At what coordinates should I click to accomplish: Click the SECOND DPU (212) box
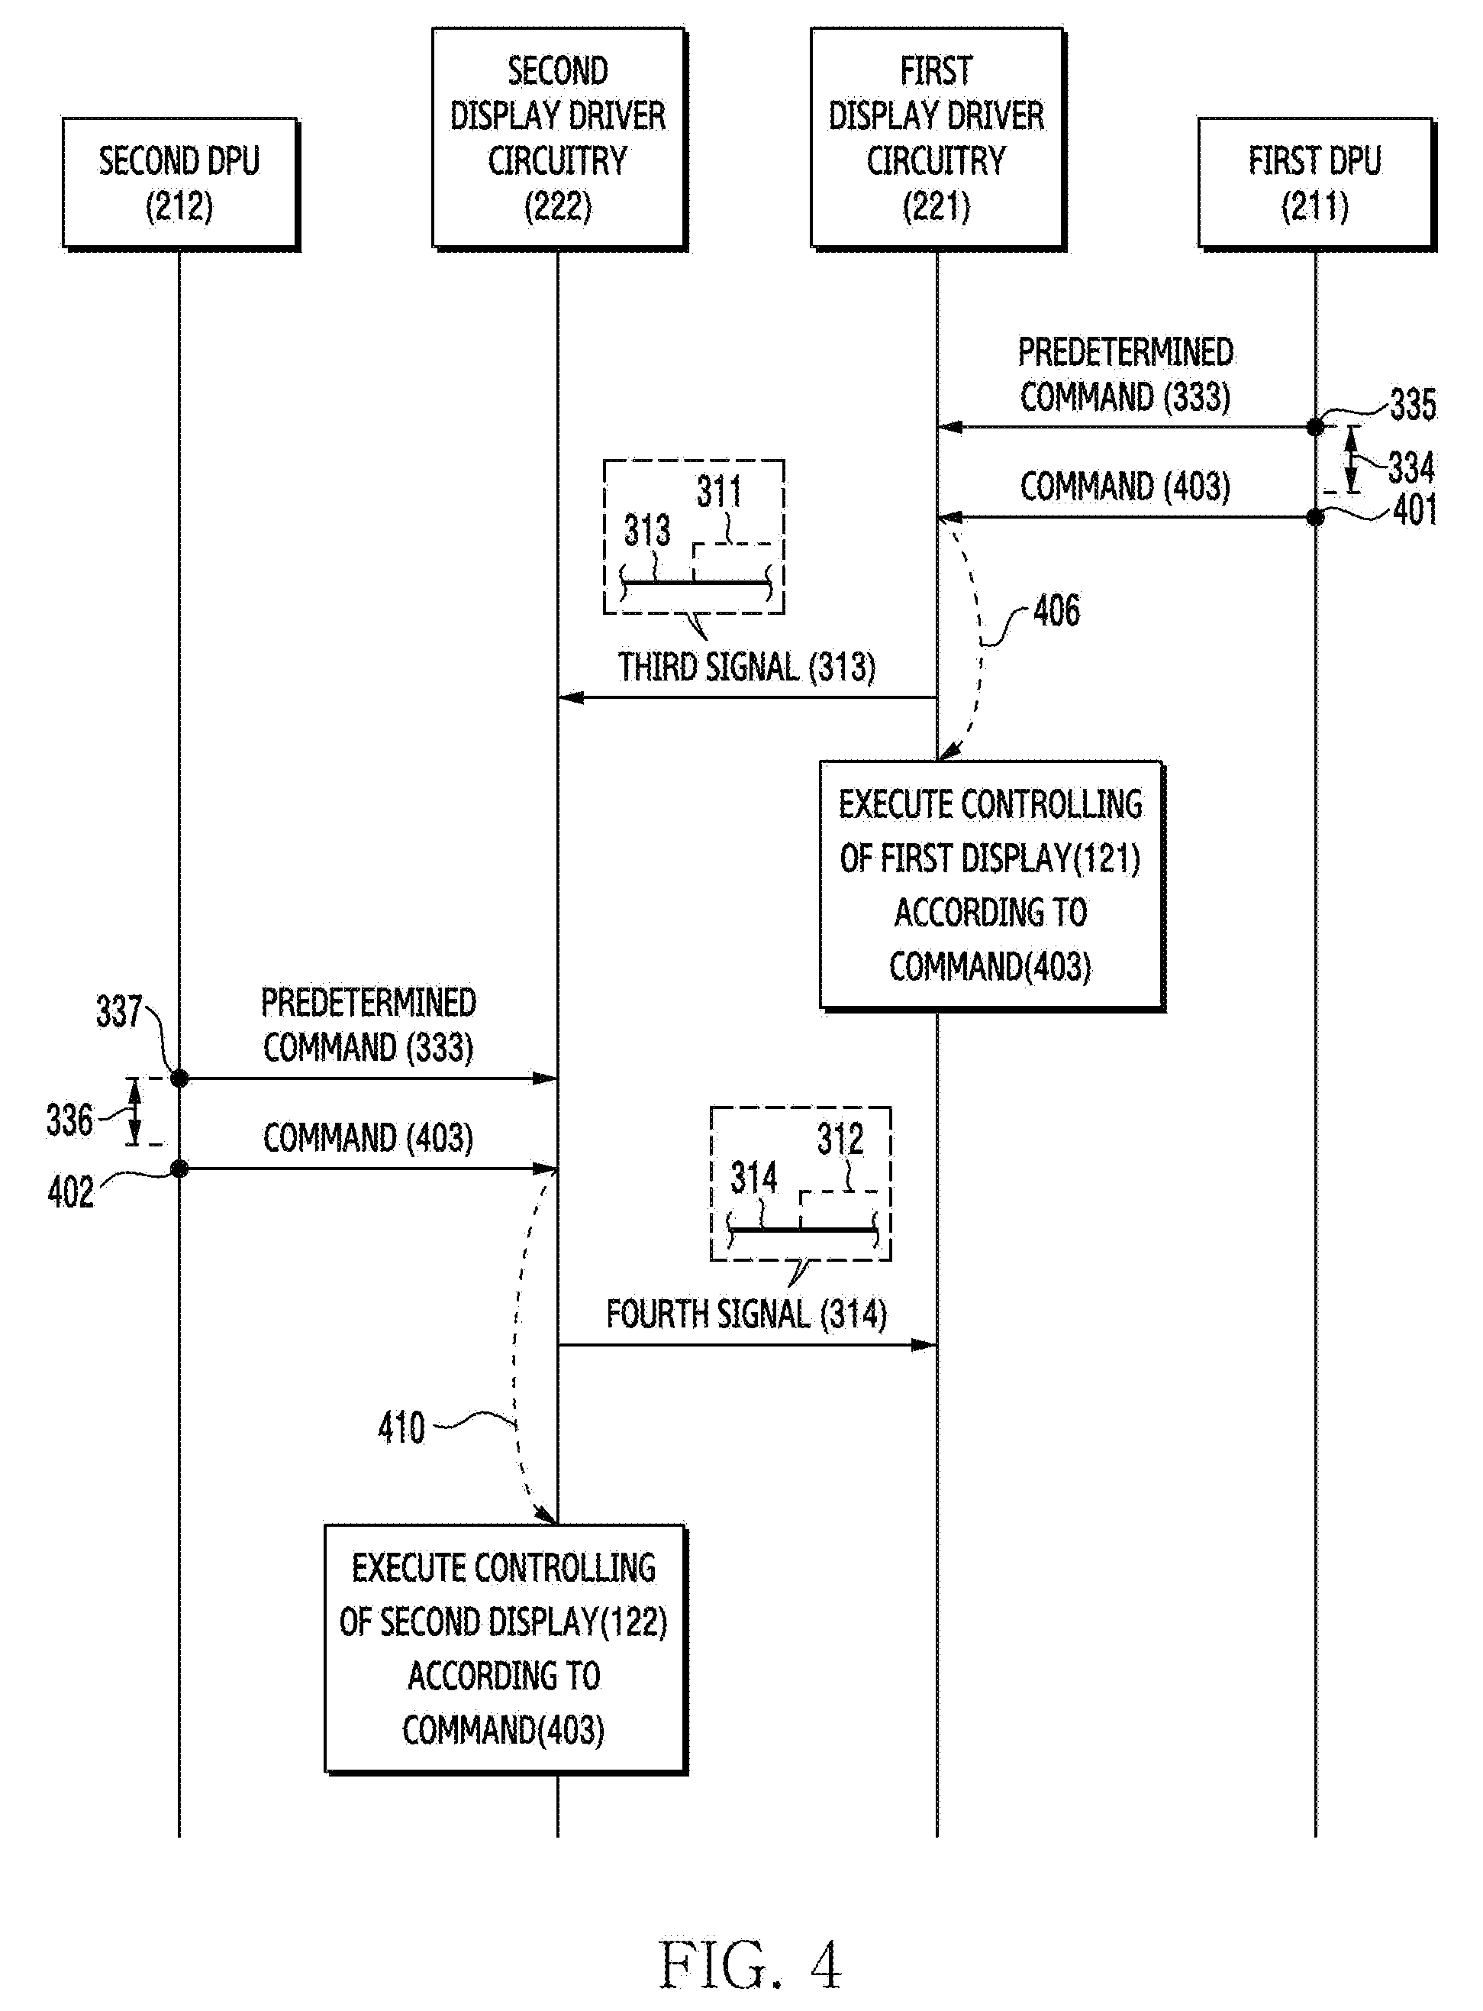pos(180,183)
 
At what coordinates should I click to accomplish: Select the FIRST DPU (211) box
pos(1316,183)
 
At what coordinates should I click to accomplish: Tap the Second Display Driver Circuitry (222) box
pos(559,138)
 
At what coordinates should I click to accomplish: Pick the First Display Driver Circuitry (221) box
pos(937,138)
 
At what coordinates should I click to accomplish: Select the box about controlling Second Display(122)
pos(505,1649)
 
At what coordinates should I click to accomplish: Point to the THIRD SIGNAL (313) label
pos(746,668)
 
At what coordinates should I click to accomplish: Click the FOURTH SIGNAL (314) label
pos(746,1314)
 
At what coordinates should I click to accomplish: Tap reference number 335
pos(1413,404)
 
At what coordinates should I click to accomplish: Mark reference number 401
pos(1415,509)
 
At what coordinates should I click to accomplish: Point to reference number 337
pos(119,1011)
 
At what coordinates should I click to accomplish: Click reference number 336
pos(70,1120)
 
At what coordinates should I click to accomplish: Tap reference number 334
pos(1411,468)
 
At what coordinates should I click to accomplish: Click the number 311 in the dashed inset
pos(719,491)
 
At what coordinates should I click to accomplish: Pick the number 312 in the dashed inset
pos(840,1139)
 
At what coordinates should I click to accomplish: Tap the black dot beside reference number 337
pos(179,1078)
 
